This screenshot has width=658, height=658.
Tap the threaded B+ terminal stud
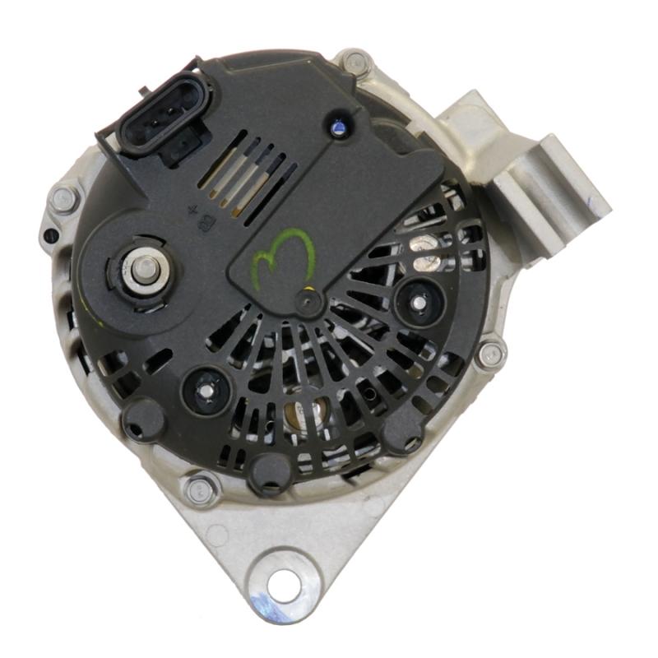point(145,268)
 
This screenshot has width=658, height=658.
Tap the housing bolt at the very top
point(354,62)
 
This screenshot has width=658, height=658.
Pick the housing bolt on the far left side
point(64,198)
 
